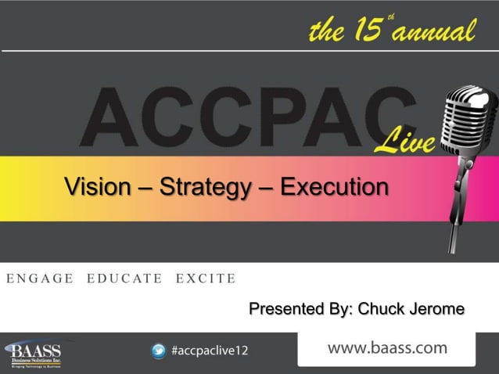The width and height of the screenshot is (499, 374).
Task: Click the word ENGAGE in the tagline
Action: [x=40, y=277]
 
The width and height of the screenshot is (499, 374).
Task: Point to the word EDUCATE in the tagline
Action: [x=125, y=277]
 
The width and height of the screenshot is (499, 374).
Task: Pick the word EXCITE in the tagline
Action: [x=205, y=277]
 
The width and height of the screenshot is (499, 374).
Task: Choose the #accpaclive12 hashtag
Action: [x=210, y=351]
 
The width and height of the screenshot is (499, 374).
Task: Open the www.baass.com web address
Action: [x=387, y=347]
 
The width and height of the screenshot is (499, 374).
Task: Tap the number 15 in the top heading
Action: [x=364, y=33]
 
